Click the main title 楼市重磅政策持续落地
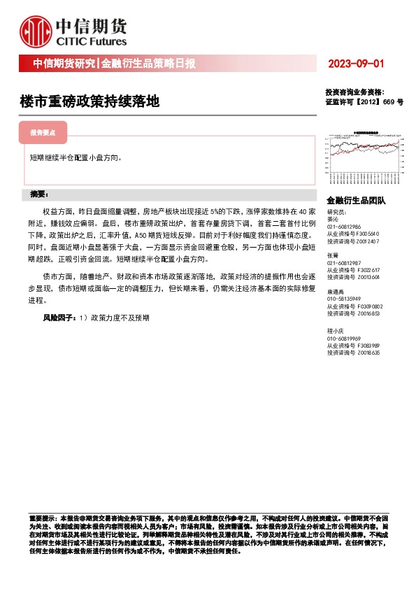click(89, 101)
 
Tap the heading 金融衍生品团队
click(356, 200)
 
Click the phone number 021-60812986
click(343, 227)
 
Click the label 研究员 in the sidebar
click(336, 212)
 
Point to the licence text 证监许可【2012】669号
click(364, 102)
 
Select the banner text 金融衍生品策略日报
click(148, 64)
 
